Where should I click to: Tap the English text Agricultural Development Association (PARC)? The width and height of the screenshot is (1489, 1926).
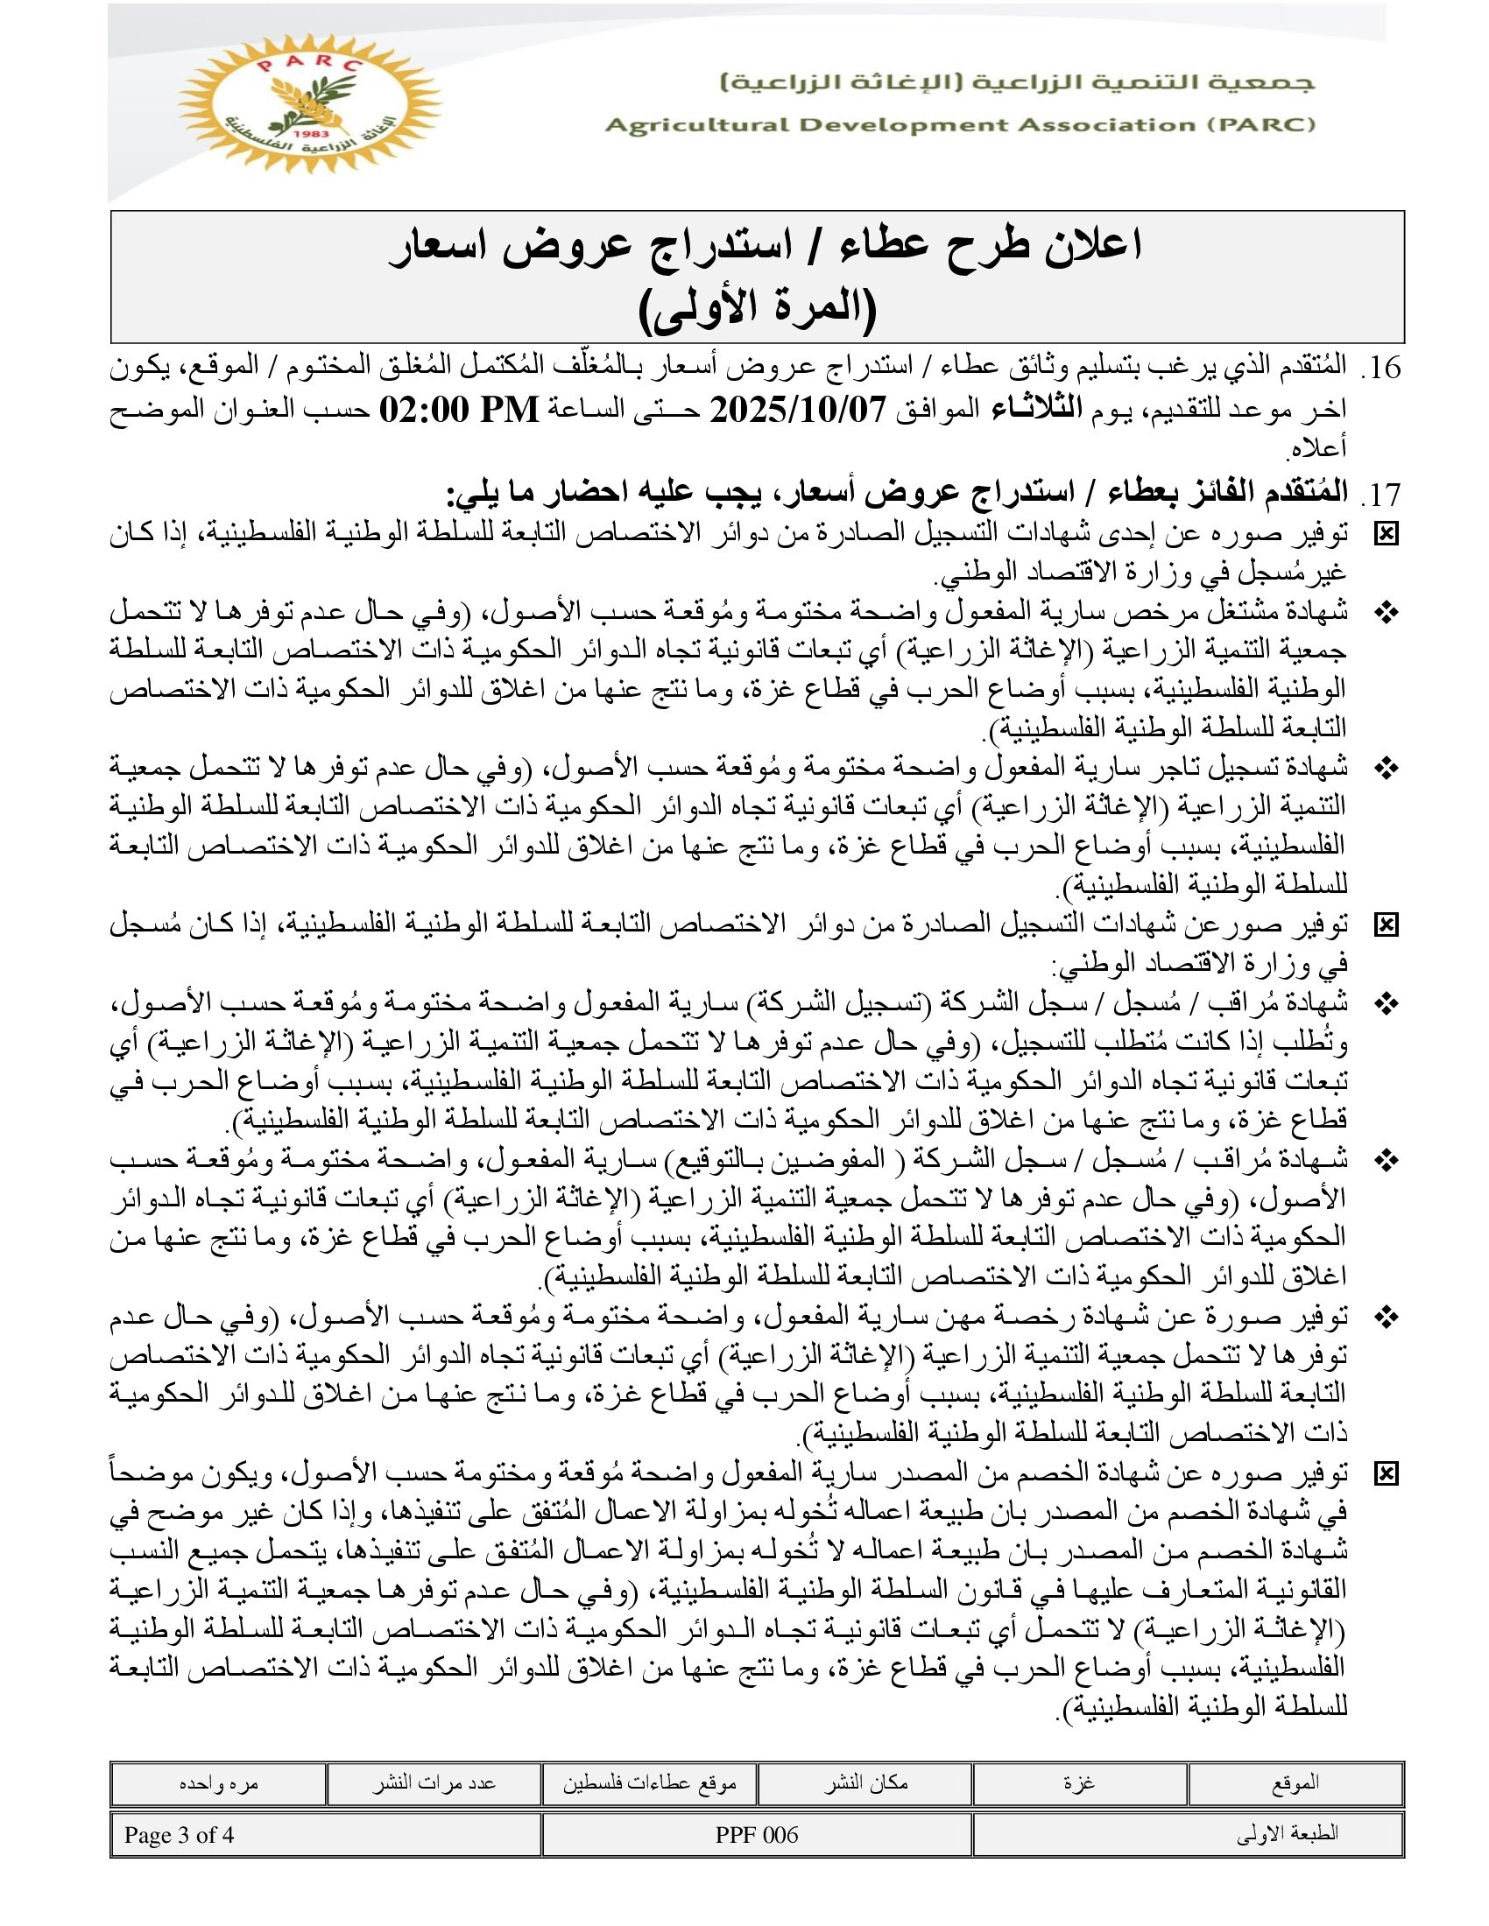click(960, 125)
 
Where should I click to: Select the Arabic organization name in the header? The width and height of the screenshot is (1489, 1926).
click(1017, 84)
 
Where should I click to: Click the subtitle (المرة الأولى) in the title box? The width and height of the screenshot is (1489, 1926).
click(757, 310)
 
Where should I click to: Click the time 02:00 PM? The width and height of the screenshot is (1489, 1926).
click(459, 410)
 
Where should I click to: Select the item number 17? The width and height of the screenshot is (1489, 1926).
click(1382, 496)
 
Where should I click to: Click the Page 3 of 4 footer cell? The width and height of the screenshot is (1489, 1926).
click(179, 1835)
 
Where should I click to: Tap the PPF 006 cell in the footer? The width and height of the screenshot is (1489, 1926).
click(756, 1835)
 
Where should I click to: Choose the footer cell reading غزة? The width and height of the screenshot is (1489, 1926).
click(1079, 1784)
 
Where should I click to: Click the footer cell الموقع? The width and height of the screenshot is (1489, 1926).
click(1295, 1784)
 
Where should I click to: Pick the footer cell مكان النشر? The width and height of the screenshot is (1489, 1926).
click(864, 1784)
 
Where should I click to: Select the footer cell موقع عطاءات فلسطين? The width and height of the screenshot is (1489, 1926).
click(649, 1784)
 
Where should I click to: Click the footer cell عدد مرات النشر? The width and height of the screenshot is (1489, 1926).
click(433, 1784)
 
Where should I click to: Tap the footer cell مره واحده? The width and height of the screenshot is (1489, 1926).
click(218, 1784)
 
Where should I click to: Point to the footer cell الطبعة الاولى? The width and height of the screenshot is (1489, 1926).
click(1287, 1835)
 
